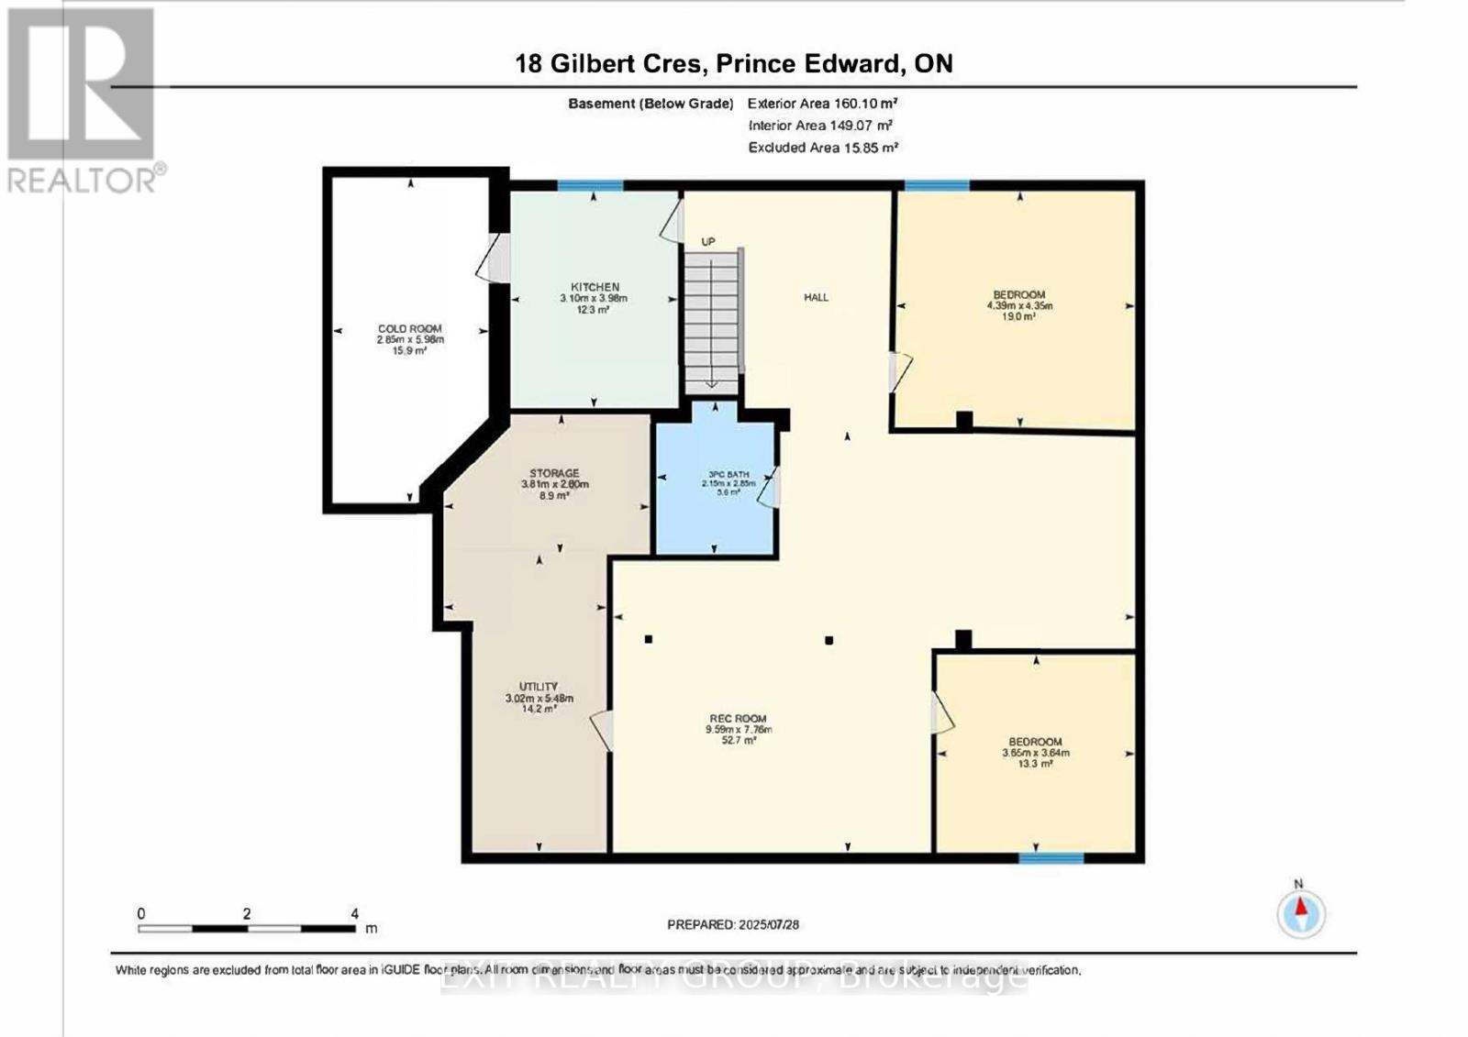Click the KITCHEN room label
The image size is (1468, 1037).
[x=595, y=287]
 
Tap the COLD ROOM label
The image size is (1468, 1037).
[x=409, y=328]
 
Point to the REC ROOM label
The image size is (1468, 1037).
[x=738, y=719]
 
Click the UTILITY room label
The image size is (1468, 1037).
[x=539, y=687]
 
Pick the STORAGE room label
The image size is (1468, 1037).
[x=554, y=473]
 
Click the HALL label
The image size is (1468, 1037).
[x=816, y=297]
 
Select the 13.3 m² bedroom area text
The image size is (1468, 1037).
[x=1036, y=764]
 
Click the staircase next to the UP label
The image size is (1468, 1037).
[x=711, y=316]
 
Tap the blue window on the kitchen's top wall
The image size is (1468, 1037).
[x=590, y=186]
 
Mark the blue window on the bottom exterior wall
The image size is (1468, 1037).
[x=1051, y=858]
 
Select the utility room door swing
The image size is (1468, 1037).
[x=602, y=730]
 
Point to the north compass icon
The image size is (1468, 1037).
[x=1301, y=913]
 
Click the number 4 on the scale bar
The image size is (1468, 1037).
[x=354, y=913]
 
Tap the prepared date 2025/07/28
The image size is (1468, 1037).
[x=768, y=924]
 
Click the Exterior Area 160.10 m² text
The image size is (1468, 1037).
[x=822, y=104]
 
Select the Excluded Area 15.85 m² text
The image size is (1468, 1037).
[x=822, y=147]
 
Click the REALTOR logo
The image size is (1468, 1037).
[x=83, y=101]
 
